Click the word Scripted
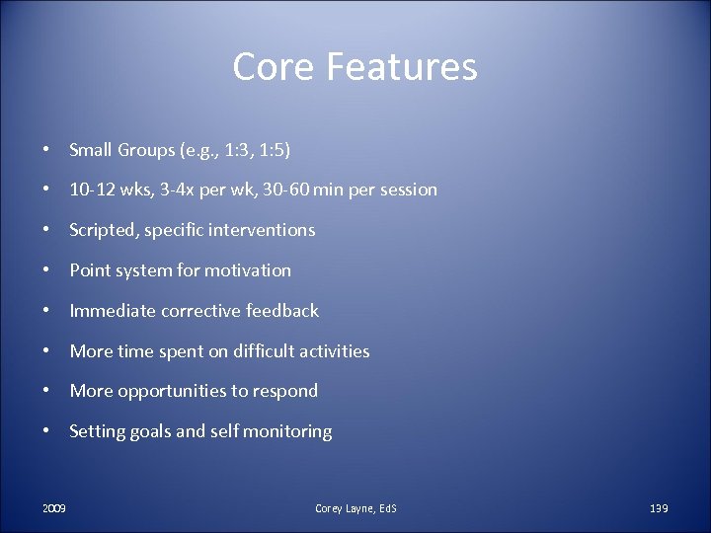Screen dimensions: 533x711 [104, 230]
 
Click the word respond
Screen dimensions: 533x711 [284, 392]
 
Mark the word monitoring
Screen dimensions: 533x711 [287, 431]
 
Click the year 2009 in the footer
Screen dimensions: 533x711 [54, 508]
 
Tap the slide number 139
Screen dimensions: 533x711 [659, 508]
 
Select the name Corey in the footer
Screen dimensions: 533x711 [329, 508]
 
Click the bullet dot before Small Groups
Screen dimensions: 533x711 [47, 150]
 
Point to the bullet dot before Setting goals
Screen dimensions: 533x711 [47, 431]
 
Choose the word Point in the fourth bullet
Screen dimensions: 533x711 [90, 270]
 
